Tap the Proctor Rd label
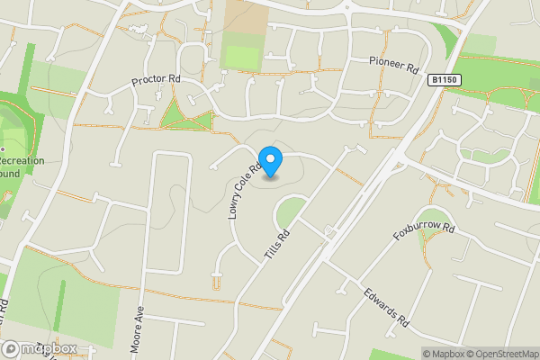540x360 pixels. coord(157,80)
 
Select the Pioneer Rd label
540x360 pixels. coord(394,65)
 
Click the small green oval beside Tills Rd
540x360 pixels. coord(290,213)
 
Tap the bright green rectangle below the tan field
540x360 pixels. coord(240,57)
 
